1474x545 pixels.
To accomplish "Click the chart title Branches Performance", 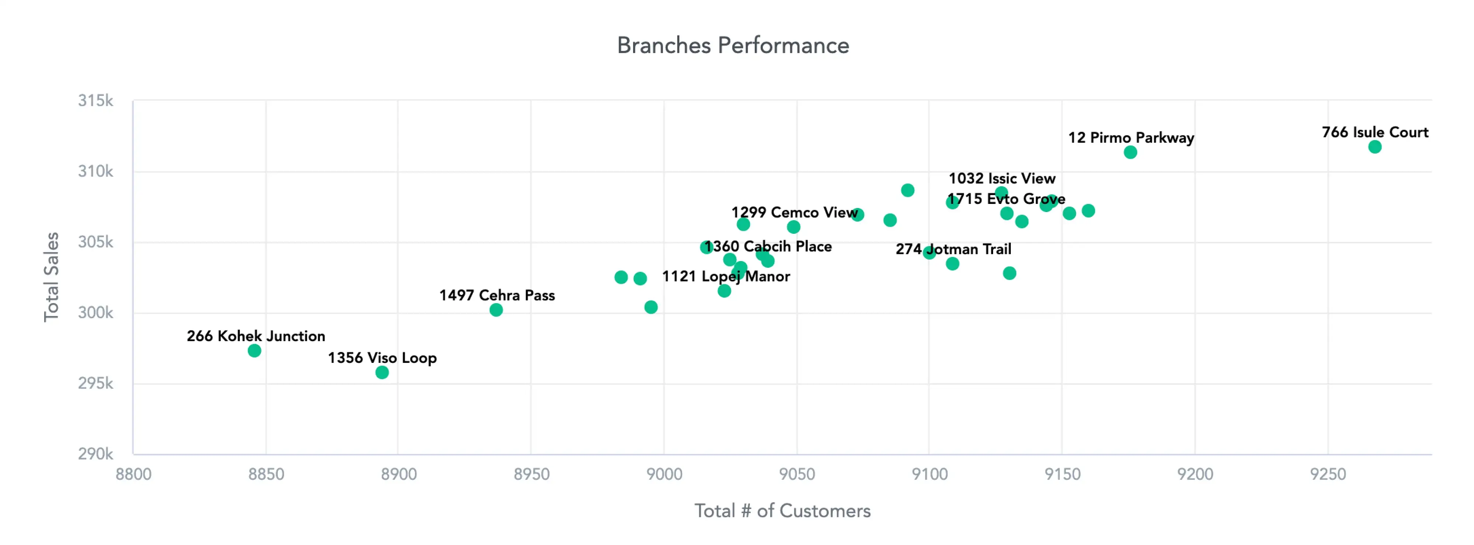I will click(733, 46).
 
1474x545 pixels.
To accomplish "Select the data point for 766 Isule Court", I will click(1375, 147).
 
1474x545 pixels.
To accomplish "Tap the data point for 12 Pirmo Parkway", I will click(1130, 152).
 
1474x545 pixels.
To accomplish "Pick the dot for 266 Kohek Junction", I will click(255, 351).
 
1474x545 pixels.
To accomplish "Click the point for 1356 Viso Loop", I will click(382, 373).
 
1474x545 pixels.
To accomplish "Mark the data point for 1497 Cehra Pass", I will click(496, 310).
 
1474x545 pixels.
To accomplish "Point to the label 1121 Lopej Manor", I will click(726, 277).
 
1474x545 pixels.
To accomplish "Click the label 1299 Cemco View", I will click(794, 212).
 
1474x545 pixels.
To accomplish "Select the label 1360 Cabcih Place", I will click(768, 247).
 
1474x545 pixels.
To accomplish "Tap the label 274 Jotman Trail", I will click(953, 249).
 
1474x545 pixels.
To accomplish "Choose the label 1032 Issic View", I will click(1002, 178).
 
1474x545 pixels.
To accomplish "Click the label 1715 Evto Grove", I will click(1006, 199).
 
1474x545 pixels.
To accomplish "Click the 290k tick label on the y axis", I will click(95, 454).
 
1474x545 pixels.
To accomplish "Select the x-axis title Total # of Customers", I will click(782, 511).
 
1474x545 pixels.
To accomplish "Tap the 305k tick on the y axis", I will click(95, 242).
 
